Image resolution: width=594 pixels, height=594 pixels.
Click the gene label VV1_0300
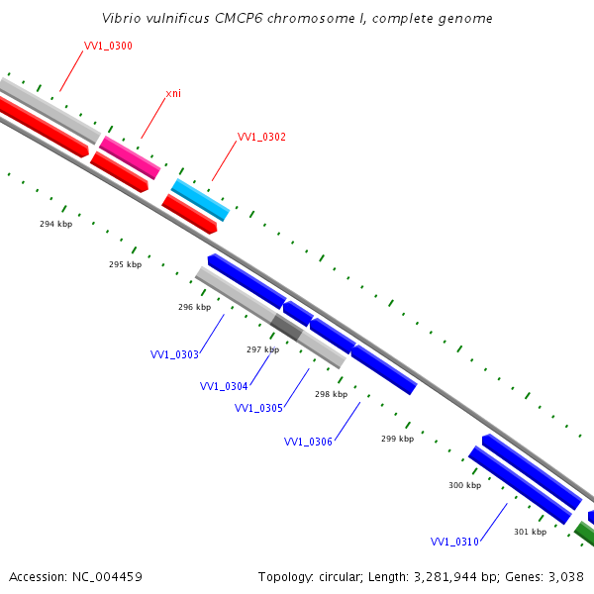pos(108,46)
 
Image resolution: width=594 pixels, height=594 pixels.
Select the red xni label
pos(173,93)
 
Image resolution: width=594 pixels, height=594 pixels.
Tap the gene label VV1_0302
pos(261,137)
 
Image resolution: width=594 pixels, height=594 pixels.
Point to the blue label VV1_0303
pos(174,354)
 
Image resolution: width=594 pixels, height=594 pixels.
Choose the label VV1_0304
pos(224,386)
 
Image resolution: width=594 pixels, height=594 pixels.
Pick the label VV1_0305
pos(258,408)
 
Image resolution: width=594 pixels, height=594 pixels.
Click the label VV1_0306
pos(308,442)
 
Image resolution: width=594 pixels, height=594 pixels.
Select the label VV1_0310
pos(454,542)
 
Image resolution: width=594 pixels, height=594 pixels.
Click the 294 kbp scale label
pos(55,224)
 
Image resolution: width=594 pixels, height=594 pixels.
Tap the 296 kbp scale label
pos(194,307)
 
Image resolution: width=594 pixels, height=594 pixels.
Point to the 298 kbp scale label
pos(331,394)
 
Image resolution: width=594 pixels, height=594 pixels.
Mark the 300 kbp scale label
pos(464,485)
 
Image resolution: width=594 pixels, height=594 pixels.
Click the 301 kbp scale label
pos(530,532)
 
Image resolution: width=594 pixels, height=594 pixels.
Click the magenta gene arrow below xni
pos(130,157)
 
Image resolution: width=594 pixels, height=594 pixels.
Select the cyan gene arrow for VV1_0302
pos(200,200)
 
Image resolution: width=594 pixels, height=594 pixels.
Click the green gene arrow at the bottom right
pos(585,535)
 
